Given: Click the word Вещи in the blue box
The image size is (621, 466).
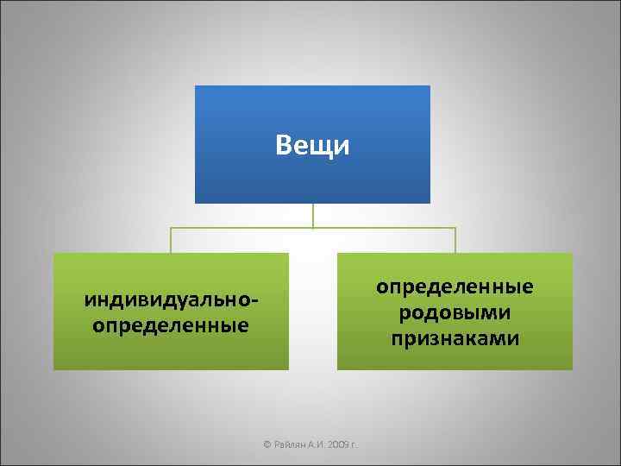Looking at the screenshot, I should (x=313, y=146).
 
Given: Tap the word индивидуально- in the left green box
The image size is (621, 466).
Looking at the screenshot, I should (x=172, y=301).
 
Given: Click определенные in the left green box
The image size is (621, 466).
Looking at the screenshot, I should (x=171, y=326).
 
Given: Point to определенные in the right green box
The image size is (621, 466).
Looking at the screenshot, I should (x=455, y=286).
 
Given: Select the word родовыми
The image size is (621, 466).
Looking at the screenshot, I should (x=455, y=312).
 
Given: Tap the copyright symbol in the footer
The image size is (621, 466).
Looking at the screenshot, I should (x=267, y=445).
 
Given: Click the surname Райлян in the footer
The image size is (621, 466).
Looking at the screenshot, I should (x=291, y=445).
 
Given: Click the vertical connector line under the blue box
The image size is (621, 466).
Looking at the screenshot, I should (x=312, y=215).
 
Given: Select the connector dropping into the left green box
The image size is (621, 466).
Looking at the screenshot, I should (x=171, y=241).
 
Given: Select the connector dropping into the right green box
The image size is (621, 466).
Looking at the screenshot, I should (x=455, y=241).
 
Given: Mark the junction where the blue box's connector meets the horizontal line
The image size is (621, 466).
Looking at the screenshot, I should (x=312, y=228).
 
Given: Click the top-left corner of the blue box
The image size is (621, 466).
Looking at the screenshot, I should (x=196, y=86).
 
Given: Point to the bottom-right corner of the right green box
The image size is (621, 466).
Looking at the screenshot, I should (x=571, y=368).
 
